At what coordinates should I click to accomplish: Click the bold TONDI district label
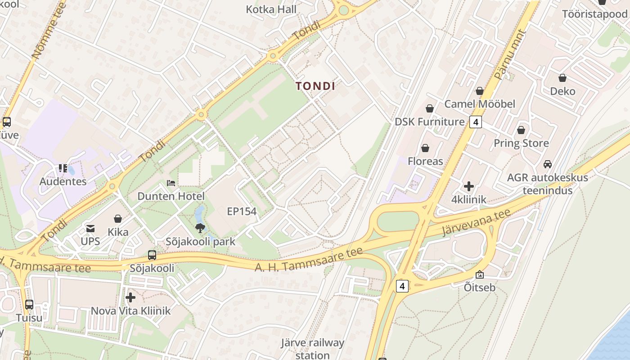(315, 86)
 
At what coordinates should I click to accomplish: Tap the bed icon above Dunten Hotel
(171, 183)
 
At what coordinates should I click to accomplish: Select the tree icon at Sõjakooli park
(200, 228)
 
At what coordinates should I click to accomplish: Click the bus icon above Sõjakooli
(152, 255)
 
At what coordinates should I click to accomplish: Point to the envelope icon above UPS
(90, 229)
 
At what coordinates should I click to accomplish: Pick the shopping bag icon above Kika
(118, 219)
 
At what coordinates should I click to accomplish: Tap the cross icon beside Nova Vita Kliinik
(130, 297)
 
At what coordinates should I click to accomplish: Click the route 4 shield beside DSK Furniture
(476, 121)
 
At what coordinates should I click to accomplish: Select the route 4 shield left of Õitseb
(402, 286)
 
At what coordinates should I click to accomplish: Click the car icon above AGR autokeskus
(548, 164)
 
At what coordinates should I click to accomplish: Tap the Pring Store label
(521, 143)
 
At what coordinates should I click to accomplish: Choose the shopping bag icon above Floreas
(425, 148)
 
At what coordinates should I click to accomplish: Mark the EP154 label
(242, 211)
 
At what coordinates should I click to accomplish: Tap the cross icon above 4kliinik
(469, 186)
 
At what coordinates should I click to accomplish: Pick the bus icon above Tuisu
(29, 305)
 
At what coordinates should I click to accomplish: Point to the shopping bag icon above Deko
(562, 78)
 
